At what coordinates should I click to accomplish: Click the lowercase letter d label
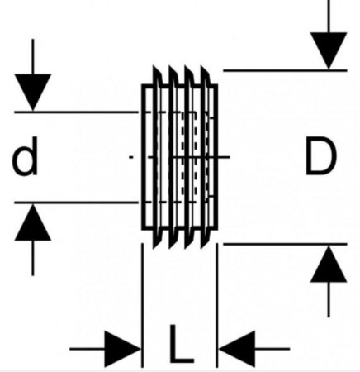tap(25, 156)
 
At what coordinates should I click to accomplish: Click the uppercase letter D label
tap(321, 156)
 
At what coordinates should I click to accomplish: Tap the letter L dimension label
tap(181, 344)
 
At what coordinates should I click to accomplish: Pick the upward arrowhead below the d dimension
tap(33, 222)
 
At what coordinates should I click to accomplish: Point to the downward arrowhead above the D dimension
tap(329, 50)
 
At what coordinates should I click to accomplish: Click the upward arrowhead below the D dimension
tap(329, 264)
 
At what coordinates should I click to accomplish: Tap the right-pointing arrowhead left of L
tap(123, 349)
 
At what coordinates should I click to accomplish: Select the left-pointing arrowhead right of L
tap(237, 349)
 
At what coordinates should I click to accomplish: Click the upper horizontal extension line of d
tap(76, 112)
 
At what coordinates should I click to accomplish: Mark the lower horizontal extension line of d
tap(76, 203)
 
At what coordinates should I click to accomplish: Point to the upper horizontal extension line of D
tap(285, 71)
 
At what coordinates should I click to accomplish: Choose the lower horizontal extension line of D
tap(285, 244)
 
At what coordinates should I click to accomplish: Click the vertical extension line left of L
tap(142, 305)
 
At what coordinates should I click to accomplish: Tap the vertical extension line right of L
tap(217, 305)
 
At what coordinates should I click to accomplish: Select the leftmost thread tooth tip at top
tap(154, 66)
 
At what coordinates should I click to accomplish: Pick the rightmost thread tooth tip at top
tap(201, 66)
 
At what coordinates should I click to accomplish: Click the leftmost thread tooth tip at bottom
tap(154, 248)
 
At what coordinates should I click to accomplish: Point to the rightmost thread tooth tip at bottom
tap(201, 248)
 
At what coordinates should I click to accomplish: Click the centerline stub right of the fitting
tap(224, 157)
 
